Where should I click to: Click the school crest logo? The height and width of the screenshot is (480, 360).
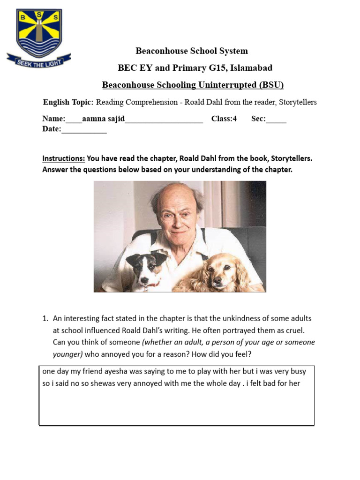[x=39, y=32]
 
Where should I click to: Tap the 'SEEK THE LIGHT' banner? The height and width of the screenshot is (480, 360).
[x=39, y=61]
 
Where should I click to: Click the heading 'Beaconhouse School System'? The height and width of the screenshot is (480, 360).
[x=192, y=51]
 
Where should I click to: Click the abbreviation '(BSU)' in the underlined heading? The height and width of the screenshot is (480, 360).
[x=269, y=85]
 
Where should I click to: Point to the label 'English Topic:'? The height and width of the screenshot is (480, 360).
[x=68, y=102]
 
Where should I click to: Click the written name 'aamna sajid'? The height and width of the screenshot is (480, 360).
[x=103, y=119]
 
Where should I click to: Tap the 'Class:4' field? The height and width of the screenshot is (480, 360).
[x=224, y=119]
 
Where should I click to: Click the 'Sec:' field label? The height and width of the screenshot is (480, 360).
[x=258, y=119]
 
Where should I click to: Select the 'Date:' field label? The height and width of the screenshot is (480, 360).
[x=52, y=129]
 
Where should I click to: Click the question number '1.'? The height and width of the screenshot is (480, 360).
[x=45, y=318]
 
